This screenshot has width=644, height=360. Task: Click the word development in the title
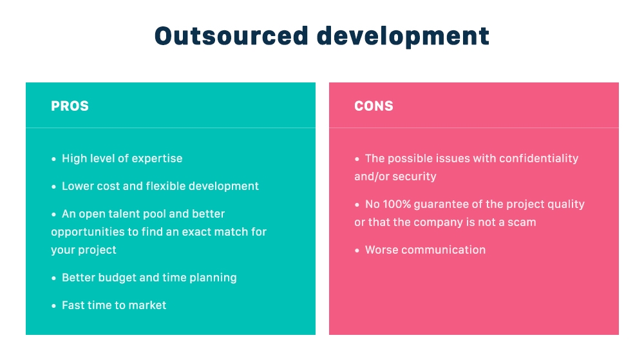[402, 37]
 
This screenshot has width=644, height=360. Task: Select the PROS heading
[70, 106]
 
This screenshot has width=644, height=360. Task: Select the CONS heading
[374, 106]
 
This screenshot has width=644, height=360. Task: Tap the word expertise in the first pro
[157, 159]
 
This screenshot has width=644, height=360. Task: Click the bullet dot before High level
[54, 159]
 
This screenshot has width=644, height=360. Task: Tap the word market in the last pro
[147, 305]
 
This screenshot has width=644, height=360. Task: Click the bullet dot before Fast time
[54, 306]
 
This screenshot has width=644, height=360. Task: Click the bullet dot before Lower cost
[54, 187]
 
